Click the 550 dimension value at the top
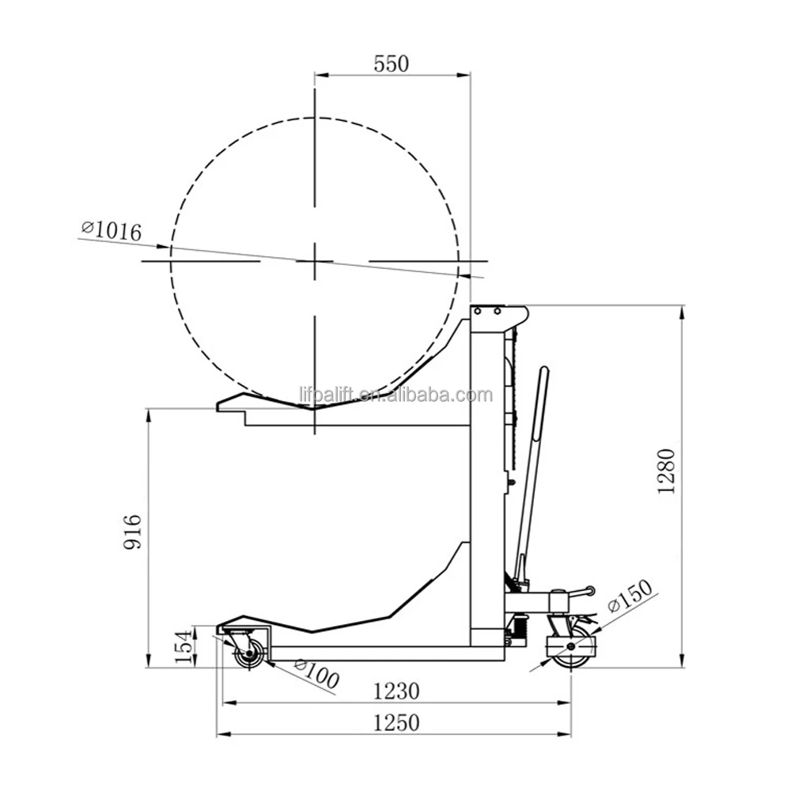tap(391, 63)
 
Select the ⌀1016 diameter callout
tap(112, 230)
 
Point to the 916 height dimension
tap(133, 532)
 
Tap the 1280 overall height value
tap(666, 471)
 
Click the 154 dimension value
tap(184, 647)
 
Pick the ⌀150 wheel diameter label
tap(630, 596)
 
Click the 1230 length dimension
tap(396, 691)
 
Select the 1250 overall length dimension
tap(396, 723)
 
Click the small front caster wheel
tap(249, 654)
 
